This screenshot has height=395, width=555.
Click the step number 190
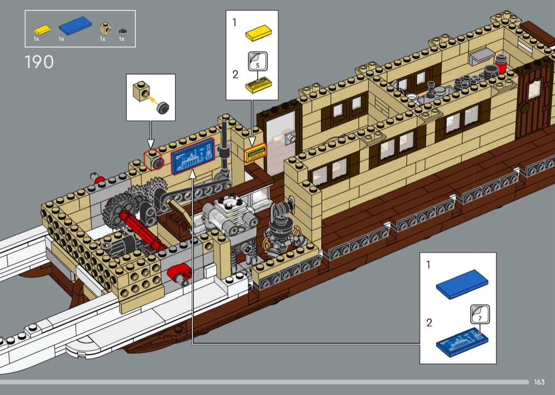39,62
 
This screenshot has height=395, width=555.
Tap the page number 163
539,382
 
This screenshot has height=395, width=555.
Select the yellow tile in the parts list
41,29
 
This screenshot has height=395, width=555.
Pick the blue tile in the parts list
74,25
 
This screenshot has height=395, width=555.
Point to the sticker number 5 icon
257,61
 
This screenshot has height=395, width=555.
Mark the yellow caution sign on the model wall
255,153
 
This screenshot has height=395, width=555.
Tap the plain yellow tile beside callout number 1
258,33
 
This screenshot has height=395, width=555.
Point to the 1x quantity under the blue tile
61,39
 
